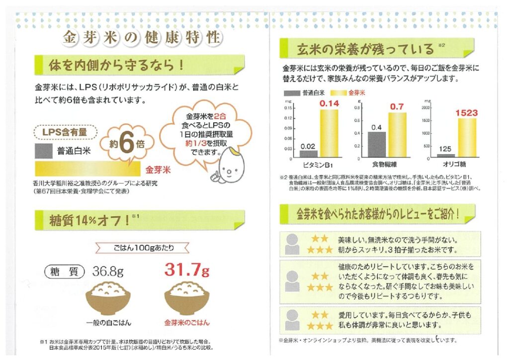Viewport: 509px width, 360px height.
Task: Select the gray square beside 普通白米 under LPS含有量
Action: point(43,151)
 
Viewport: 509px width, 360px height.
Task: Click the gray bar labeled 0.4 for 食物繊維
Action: point(377,144)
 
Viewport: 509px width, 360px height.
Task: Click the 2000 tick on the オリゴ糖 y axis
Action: point(427,107)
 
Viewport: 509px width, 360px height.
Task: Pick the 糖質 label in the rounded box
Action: point(64,271)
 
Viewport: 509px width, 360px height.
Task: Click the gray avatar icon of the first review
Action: point(292,242)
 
